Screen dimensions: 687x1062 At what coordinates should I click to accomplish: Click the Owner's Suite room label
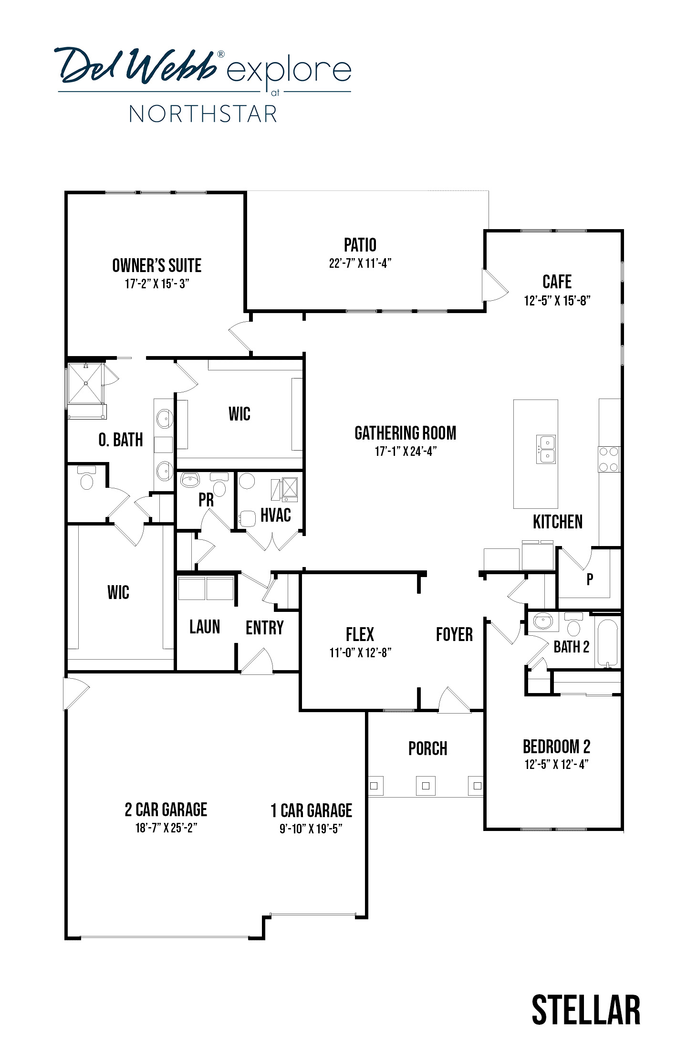click(x=156, y=265)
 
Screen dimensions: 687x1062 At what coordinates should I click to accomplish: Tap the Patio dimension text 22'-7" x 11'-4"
click(x=360, y=263)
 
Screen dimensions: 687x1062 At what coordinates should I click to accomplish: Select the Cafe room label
click(x=557, y=282)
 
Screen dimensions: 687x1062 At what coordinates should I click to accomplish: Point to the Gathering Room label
click(x=406, y=433)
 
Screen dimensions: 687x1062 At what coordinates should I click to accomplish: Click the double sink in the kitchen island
click(x=546, y=449)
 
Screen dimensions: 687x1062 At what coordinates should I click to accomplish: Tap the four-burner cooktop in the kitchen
click(x=609, y=459)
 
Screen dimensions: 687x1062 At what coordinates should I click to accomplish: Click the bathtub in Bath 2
click(x=608, y=643)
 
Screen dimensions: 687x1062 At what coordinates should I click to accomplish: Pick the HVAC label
click(x=276, y=515)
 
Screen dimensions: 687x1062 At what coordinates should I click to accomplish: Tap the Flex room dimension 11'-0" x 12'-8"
click(x=360, y=652)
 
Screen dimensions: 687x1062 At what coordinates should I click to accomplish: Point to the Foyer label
click(x=454, y=634)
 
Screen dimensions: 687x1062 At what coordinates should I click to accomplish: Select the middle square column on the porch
click(x=426, y=786)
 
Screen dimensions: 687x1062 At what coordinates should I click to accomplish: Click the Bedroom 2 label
click(x=556, y=746)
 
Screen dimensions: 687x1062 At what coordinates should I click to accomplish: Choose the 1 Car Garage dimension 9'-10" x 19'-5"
click(x=311, y=828)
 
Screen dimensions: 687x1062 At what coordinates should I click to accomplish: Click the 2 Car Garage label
click(x=166, y=810)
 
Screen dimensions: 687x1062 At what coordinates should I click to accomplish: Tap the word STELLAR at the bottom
click(x=586, y=1009)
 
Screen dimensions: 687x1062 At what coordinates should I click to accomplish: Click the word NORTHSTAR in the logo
click(x=203, y=114)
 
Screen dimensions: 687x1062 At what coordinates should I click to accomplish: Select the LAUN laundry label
click(x=205, y=627)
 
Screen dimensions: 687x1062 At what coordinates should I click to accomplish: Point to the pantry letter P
click(x=590, y=579)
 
